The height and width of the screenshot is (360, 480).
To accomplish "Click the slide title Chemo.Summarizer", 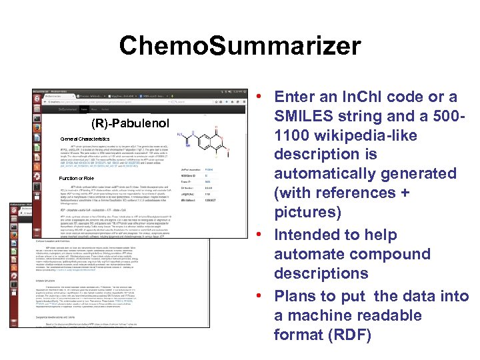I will click(x=240, y=46).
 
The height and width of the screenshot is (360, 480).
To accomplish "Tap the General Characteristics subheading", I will click(x=84, y=139).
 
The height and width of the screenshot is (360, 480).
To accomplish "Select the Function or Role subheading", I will click(x=77, y=178).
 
